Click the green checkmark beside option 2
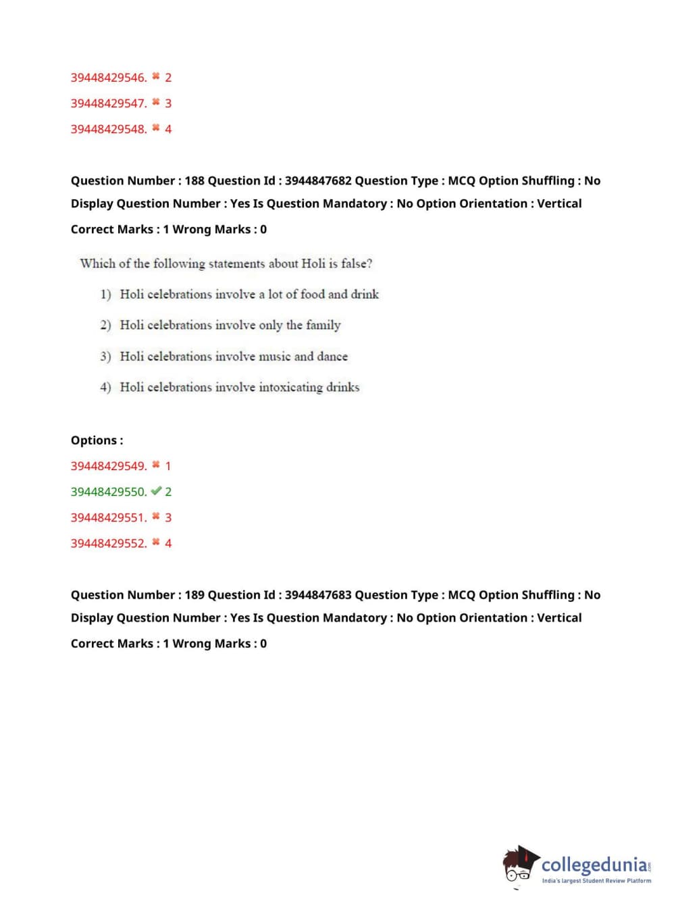pyautogui.click(x=156, y=491)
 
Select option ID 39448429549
pyautogui.click(x=108, y=466)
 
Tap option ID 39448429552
pyautogui.click(x=108, y=543)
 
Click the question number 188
pyautogui.click(x=194, y=180)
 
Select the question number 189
pyautogui.click(x=194, y=594)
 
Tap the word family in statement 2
pyautogui.click(x=323, y=325)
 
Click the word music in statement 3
pyautogui.click(x=274, y=356)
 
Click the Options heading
pyautogui.click(x=97, y=440)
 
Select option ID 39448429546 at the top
pyautogui.click(x=108, y=78)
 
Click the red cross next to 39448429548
pyautogui.click(x=156, y=128)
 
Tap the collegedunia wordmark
pyautogui.click(x=594, y=865)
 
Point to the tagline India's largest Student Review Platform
pyautogui.click(x=596, y=880)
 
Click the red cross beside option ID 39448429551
pyautogui.click(x=156, y=517)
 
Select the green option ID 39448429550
pyautogui.click(x=108, y=492)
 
